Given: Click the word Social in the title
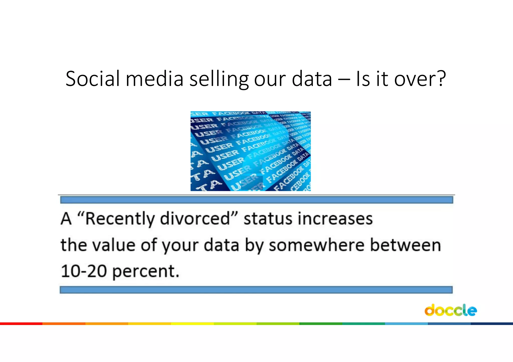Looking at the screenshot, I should (93, 79).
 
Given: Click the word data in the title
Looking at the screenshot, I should (312, 79).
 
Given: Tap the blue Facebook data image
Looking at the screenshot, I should (250, 151).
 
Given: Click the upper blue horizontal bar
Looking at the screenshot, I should (256, 200).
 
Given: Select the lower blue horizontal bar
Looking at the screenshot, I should (256, 290).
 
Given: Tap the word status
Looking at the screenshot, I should (268, 219).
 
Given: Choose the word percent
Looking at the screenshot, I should (145, 271).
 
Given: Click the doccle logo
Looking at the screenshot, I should (450, 310).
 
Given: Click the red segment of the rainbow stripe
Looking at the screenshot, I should (21, 324).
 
